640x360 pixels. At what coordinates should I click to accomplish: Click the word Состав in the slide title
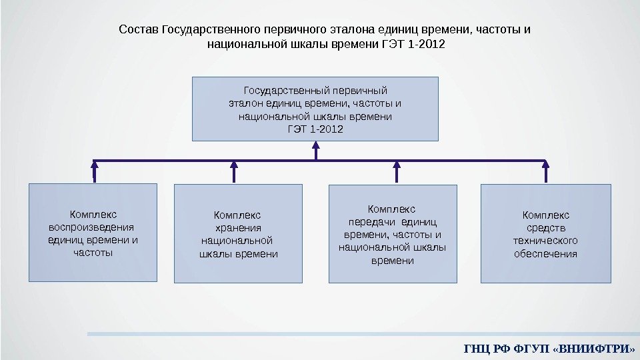point(139,30)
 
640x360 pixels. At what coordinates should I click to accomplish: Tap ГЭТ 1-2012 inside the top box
point(315,129)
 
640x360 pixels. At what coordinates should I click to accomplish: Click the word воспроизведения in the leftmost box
point(92,227)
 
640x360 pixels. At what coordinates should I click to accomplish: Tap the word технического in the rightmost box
point(545,241)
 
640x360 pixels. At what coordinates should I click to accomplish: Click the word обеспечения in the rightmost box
point(545,254)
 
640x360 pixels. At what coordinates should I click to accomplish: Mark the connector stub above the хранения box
point(234,172)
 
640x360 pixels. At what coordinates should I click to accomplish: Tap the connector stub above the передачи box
point(396,172)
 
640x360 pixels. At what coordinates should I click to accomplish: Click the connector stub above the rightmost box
point(546,172)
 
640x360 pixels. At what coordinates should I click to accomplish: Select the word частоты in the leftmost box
point(92,253)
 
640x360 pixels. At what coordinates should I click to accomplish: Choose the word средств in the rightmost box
point(545,227)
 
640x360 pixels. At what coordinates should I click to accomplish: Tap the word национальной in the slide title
point(249,45)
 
